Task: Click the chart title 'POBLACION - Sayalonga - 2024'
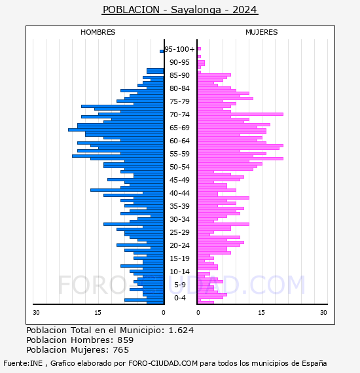(180, 10)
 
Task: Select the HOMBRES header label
(98, 32)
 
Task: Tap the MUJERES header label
(262, 32)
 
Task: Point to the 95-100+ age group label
(179, 49)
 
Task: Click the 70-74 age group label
(179, 115)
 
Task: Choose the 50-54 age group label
(179, 167)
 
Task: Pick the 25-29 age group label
(179, 232)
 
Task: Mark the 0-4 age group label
(179, 298)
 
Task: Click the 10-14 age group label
(179, 272)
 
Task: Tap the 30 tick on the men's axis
(36, 313)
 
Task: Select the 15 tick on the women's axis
(261, 313)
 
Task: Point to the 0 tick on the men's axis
(164, 313)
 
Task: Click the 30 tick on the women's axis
(323, 313)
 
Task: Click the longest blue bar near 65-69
(116, 130)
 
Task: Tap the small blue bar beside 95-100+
(162, 51)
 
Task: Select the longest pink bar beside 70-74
(240, 114)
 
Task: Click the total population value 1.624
(181, 330)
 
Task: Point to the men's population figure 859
(126, 340)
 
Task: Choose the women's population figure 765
(121, 350)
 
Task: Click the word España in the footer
(314, 363)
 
